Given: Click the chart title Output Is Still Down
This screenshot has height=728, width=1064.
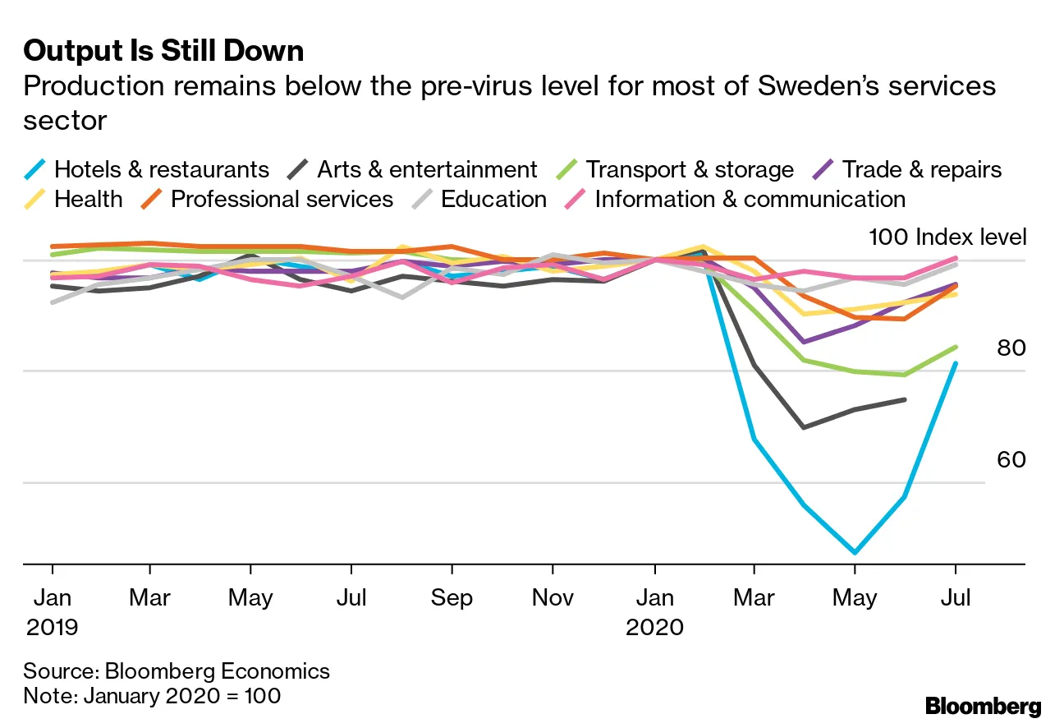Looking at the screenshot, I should [163, 51].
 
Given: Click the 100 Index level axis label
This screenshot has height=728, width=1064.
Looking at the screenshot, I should [947, 237].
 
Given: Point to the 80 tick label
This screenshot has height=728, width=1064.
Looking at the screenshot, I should [1011, 348].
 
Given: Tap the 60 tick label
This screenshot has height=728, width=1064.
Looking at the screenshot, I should [1011, 459].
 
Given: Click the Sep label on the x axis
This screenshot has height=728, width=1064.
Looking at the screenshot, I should [452, 597].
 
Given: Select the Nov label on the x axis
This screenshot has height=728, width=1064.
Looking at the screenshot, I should [553, 597].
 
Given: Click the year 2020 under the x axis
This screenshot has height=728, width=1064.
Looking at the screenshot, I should [654, 628].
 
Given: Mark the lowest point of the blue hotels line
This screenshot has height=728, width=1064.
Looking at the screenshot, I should [855, 552].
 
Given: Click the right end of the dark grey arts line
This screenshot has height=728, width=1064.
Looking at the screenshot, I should [905, 399].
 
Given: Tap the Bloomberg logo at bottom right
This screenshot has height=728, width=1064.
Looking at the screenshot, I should [983, 706].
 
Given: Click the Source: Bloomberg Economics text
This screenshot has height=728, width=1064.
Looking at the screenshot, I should [177, 670].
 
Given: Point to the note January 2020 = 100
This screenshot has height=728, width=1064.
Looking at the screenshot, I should [152, 696].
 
